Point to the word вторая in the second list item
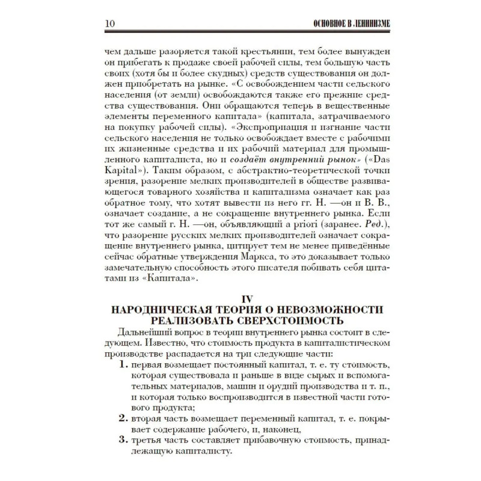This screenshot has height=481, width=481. pyautogui.click(x=147, y=419)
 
